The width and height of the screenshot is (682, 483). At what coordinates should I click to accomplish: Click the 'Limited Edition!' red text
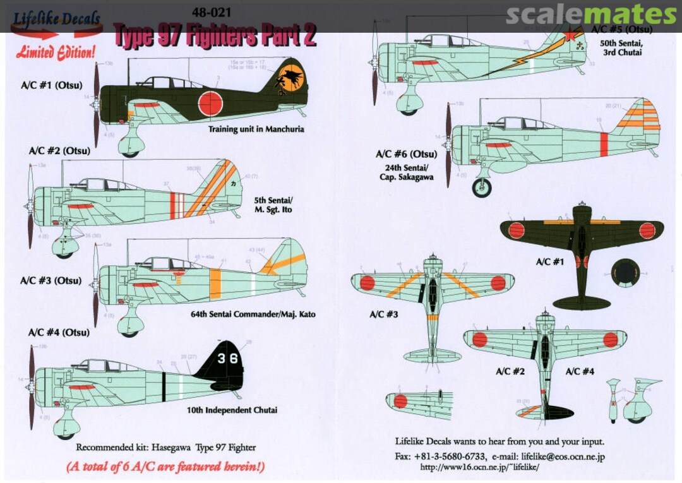(x=56, y=52)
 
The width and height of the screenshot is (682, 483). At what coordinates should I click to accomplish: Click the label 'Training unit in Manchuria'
(x=256, y=129)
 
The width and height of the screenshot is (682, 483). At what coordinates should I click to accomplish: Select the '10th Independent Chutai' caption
(x=232, y=410)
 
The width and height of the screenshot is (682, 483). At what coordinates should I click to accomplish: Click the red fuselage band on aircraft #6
(x=604, y=144)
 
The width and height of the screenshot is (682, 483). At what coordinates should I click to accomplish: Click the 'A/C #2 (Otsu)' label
(x=59, y=151)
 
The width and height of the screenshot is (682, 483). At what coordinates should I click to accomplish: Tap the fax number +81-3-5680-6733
(x=449, y=456)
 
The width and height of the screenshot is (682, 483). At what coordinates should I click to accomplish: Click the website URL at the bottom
(x=479, y=468)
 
